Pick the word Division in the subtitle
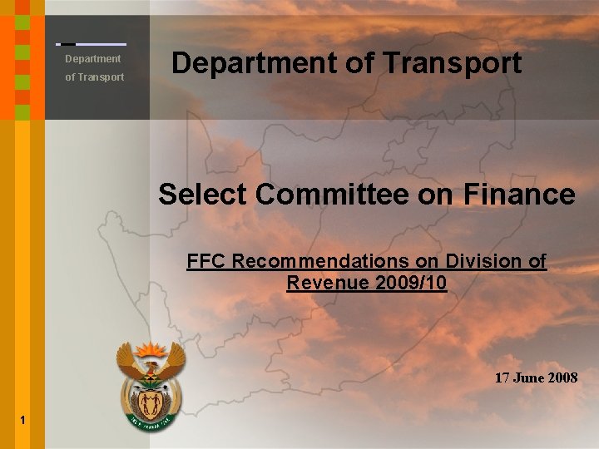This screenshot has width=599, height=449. tap(473, 261)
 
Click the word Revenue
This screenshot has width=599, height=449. tap(328, 283)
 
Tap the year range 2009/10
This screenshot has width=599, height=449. tap(411, 283)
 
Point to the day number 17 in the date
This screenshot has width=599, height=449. tap(502, 377)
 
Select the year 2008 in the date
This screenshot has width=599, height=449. tap(562, 377)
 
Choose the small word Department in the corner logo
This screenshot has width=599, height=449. tap(93, 59)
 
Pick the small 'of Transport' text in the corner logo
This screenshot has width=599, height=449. tap(95, 77)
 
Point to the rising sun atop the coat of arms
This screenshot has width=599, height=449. tap(151, 348)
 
